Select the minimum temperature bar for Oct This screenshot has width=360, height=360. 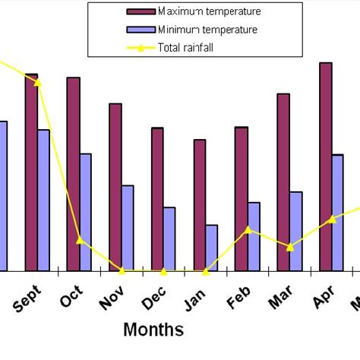86,212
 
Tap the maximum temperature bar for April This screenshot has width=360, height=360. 325,166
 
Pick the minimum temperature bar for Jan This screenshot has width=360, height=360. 212,248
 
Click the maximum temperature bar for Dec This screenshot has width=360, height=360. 157,199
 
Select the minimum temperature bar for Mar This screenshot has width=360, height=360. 296,231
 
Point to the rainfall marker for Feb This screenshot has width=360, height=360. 248,229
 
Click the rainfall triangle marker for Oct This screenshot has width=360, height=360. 80,240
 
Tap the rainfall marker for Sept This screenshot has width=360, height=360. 38,81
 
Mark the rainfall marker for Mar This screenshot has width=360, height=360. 289,246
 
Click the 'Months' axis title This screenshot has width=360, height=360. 153,330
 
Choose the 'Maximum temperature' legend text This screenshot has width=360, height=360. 209,11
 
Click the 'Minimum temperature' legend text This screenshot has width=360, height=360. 207,30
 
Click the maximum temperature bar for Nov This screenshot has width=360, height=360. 115,187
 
